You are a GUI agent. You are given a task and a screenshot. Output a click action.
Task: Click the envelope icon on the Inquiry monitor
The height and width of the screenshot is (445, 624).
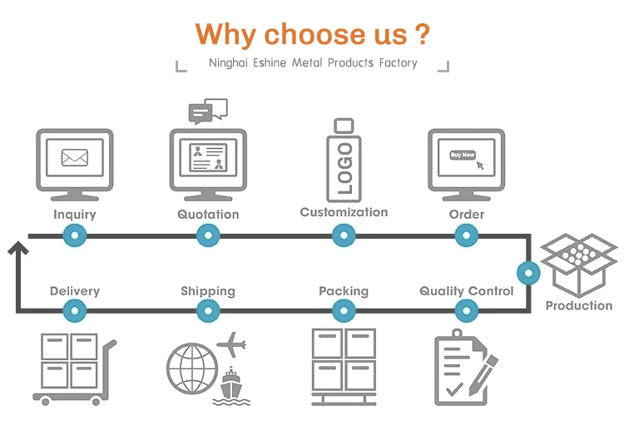point(75,156)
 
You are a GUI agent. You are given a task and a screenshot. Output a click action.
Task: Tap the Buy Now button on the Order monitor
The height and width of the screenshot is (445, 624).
point(463,155)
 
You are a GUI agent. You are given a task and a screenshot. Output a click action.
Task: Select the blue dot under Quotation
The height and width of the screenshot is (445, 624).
point(208,236)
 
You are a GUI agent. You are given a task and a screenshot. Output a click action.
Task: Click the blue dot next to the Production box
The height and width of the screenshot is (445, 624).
point(528,272)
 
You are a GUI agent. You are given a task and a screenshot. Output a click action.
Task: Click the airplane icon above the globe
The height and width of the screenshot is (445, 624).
point(230,342)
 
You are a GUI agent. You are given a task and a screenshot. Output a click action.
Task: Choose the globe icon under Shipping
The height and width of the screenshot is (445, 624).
point(191,368)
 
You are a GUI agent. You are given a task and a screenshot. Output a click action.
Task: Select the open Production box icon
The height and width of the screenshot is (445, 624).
point(578,264)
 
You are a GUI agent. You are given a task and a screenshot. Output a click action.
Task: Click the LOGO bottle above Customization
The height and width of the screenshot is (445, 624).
point(344,161)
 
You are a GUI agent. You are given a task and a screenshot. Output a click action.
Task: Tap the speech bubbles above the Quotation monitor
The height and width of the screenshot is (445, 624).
point(208,110)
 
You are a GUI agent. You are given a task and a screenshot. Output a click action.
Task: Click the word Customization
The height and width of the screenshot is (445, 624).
point(344,212)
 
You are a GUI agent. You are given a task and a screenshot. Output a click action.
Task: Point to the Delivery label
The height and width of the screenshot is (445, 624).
point(75,291)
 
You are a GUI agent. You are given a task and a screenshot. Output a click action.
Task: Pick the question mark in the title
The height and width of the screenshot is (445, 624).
point(423,34)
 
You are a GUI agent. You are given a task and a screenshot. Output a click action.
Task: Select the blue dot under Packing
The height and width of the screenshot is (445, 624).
point(344,311)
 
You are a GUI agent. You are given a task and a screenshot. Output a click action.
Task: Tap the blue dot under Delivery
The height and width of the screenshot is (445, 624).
point(75,311)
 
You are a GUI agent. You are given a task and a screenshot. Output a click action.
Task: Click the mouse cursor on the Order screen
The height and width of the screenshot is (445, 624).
point(480,165)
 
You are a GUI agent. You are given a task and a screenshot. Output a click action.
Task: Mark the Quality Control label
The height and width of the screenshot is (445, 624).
point(466,291)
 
